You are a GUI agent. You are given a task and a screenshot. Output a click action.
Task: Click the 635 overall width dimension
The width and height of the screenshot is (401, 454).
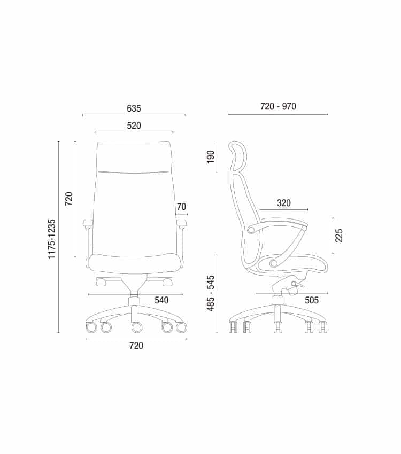(x=134, y=108)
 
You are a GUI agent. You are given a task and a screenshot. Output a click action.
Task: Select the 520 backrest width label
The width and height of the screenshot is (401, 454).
(x=134, y=126)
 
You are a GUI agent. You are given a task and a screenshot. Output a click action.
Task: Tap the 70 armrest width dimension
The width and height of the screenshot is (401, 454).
(x=181, y=207)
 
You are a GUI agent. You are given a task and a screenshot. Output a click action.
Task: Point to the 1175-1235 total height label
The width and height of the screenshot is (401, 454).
(x=51, y=239)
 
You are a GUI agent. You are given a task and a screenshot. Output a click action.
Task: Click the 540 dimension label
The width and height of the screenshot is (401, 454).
(x=161, y=300)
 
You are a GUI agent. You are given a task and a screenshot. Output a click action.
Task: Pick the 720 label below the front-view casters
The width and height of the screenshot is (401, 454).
(x=136, y=346)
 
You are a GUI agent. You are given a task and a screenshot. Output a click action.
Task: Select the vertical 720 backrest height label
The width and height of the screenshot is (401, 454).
(x=69, y=199)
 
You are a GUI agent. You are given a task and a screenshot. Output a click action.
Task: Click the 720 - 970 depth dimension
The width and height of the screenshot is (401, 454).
(x=278, y=106)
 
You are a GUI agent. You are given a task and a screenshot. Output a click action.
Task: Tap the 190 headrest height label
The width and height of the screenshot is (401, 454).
(x=211, y=157)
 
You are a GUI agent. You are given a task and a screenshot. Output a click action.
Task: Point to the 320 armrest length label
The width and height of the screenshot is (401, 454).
(x=284, y=203)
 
